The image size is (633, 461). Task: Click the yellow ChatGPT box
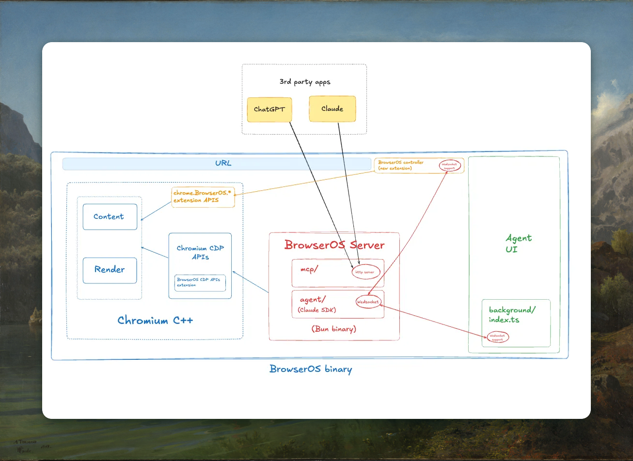269,109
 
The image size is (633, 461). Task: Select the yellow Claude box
332,109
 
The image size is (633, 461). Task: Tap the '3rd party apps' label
305,82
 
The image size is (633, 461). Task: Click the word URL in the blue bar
223,164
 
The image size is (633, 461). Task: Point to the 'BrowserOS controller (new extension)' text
401,166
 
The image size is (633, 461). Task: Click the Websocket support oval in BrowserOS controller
449,166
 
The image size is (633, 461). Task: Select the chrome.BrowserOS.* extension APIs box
203,197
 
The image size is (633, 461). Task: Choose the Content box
110,217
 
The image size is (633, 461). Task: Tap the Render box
110,270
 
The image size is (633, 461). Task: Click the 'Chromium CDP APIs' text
200,253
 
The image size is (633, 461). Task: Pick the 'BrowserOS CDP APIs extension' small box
200,283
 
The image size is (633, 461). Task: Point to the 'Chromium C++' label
155,321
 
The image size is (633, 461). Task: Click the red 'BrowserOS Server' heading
334,245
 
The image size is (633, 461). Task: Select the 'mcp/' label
309,270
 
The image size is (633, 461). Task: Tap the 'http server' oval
365,272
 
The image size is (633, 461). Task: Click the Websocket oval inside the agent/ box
368,302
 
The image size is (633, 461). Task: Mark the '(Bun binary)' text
333,329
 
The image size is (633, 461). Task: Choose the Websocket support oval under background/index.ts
497,337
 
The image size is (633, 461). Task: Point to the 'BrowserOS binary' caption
311,369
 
